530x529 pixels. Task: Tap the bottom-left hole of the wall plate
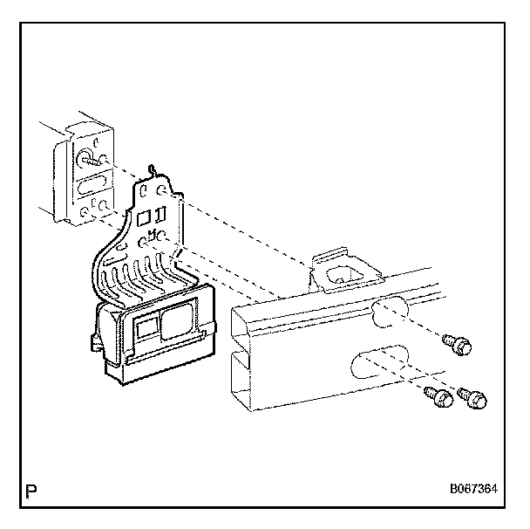82,210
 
